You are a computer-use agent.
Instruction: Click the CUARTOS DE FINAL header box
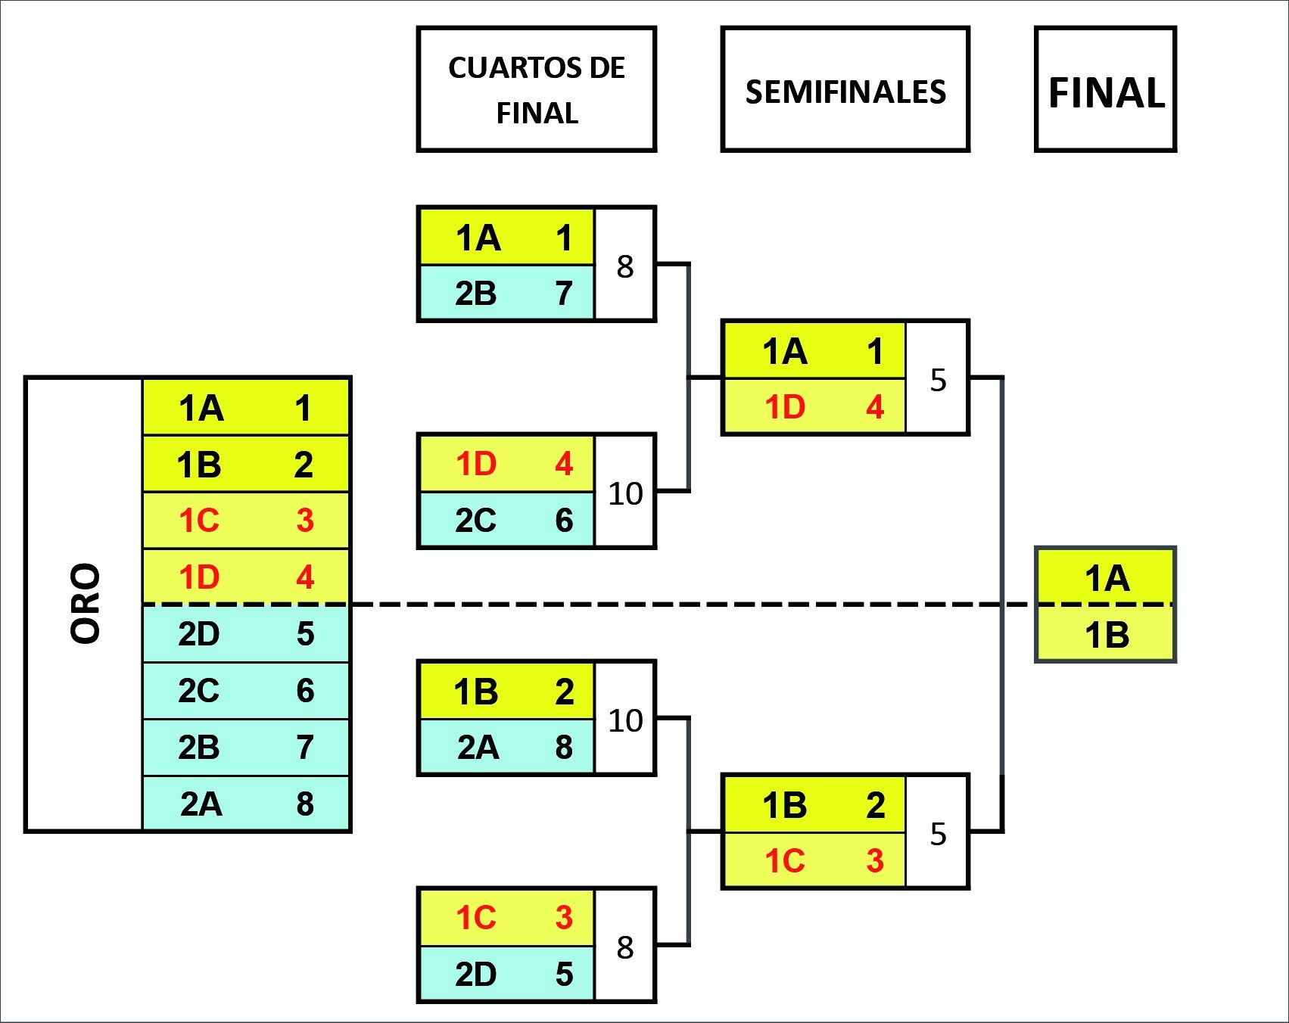click(x=536, y=90)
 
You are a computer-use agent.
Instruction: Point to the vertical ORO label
click(x=85, y=604)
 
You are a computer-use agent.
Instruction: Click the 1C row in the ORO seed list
click(x=245, y=521)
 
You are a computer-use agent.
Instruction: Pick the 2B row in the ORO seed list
click(x=245, y=747)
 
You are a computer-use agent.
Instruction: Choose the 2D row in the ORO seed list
click(x=245, y=634)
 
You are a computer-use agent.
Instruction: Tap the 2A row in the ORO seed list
click(x=245, y=804)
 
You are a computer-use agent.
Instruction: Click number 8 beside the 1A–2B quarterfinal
click(x=624, y=266)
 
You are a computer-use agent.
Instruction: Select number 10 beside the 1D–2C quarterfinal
click(x=625, y=493)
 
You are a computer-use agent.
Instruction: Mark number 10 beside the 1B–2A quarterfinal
click(x=625, y=720)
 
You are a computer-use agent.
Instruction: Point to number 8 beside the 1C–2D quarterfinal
click(x=624, y=947)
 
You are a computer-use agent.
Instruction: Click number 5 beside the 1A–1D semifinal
click(x=938, y=380)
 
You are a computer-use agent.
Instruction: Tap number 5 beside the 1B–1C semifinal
click(x=938, y=834)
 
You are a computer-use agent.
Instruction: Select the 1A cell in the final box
click(x=1106, y=578)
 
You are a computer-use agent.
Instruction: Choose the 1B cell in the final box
click(x=1106, y=635)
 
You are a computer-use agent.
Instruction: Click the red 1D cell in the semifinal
click(x=814, y=407)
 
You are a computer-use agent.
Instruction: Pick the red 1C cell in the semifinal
click(x=814, y=861)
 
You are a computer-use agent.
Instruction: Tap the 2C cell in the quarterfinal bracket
click(x=506, y=521)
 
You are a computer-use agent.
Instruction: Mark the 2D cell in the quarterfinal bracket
click(x=506, y=974)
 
